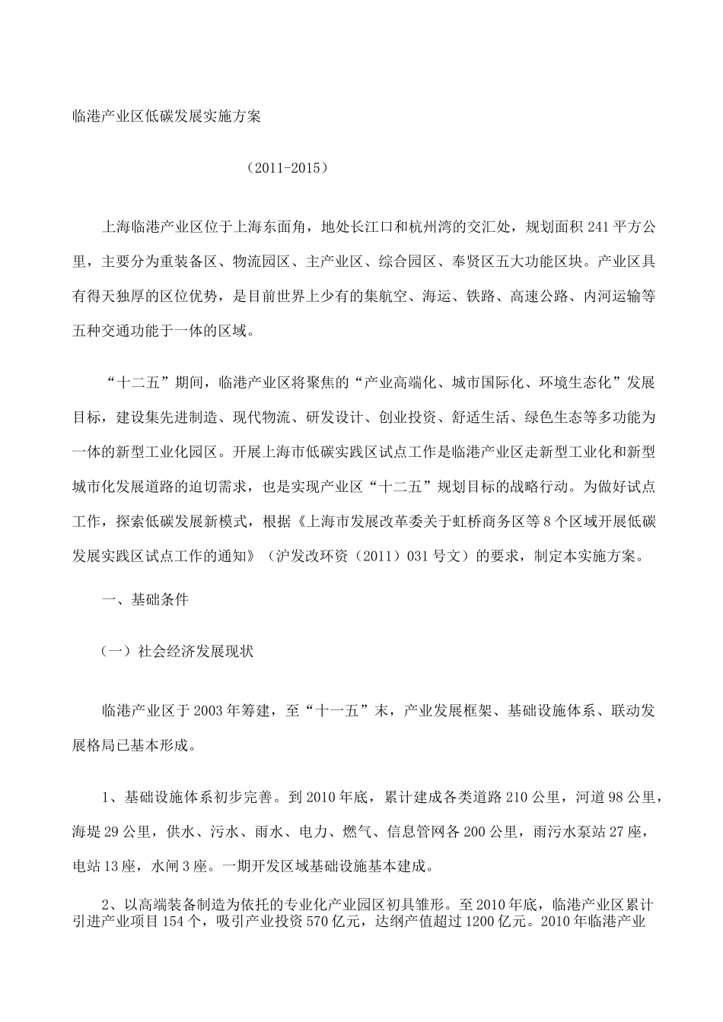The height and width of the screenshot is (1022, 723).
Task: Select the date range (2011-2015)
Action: (288, 167)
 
